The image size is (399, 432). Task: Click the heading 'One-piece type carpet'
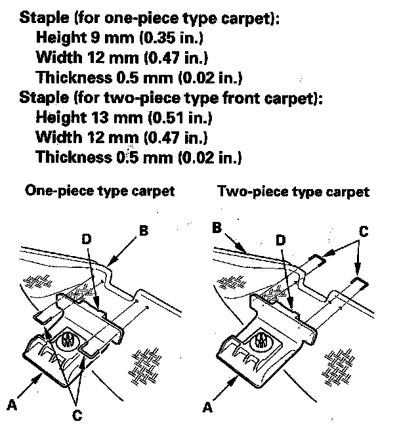coord(100,191)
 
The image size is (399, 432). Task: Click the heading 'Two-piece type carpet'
coord(293,192)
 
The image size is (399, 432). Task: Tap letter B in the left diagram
coord(144,230)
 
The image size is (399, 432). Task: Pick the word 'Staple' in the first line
coord(41,18)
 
